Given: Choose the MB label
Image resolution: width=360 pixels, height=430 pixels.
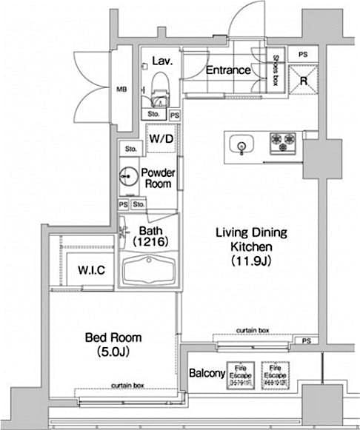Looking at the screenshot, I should point(121,91).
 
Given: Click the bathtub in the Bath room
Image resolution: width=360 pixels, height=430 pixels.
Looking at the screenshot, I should point(148,272).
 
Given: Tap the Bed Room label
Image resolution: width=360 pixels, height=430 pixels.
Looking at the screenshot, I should point(113,337).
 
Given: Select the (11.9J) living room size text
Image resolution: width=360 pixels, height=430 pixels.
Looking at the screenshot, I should point(250,261).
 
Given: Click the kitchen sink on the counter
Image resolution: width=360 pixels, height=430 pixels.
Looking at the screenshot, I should point(241,143).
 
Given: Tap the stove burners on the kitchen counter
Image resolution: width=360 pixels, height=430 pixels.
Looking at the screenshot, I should point(282,139).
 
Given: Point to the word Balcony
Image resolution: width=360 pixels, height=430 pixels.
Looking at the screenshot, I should point(207,373).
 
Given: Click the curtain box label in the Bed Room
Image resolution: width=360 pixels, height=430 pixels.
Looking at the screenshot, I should point(127,386).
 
